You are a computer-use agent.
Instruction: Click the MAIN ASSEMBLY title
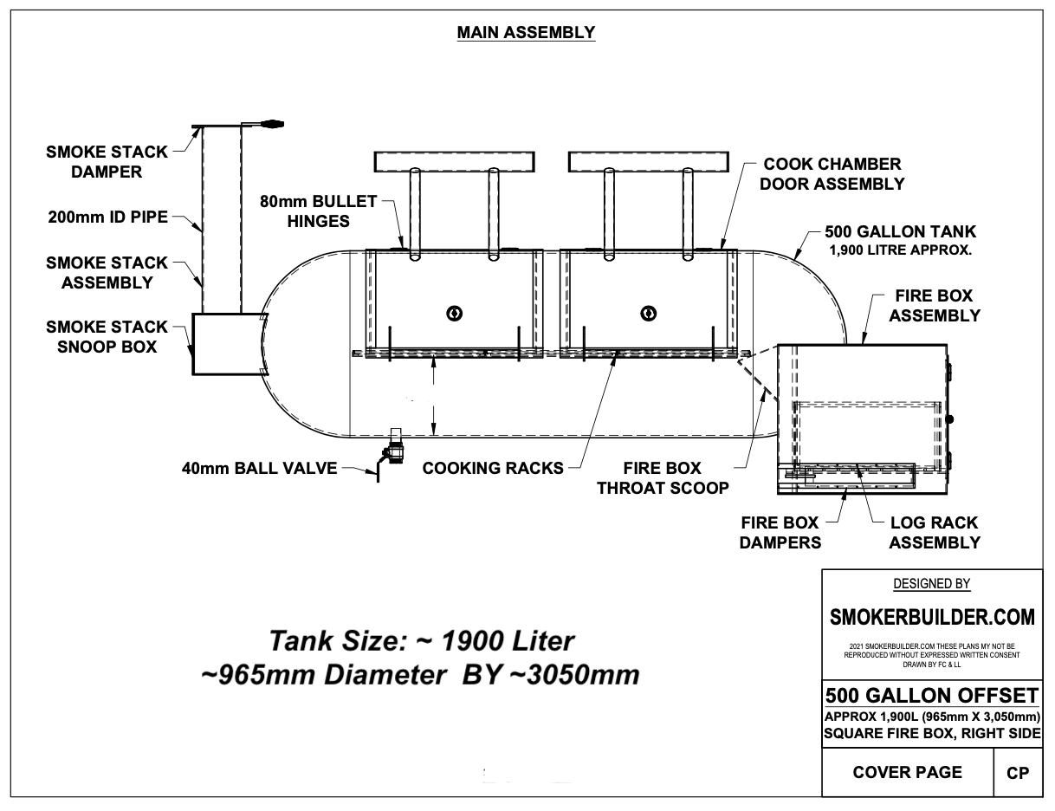[x=526, y=33]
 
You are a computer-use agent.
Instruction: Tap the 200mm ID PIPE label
[x=108, y=217]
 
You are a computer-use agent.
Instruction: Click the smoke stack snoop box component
[x=224, y=344]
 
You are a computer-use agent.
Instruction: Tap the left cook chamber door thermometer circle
[x=451, y=313]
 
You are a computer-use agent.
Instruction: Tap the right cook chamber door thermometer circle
[x=645, y=313]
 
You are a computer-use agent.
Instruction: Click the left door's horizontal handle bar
[x=452, y=161]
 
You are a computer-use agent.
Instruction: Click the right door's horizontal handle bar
[x=647, y=161]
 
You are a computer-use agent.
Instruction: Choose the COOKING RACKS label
[x=492, y=469]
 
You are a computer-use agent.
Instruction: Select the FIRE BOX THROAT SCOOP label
[x=663, y=477]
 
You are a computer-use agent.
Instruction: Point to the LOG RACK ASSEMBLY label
[x=933, y=533]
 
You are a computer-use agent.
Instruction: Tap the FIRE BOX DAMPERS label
[x=780, y=533]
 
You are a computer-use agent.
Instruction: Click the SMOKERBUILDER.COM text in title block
[x=931, y=617]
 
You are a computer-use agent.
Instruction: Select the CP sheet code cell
[x=1017, y=773]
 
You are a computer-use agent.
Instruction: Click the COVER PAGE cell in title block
[x=907, y=772]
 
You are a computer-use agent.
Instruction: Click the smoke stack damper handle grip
[x=274, y=124]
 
